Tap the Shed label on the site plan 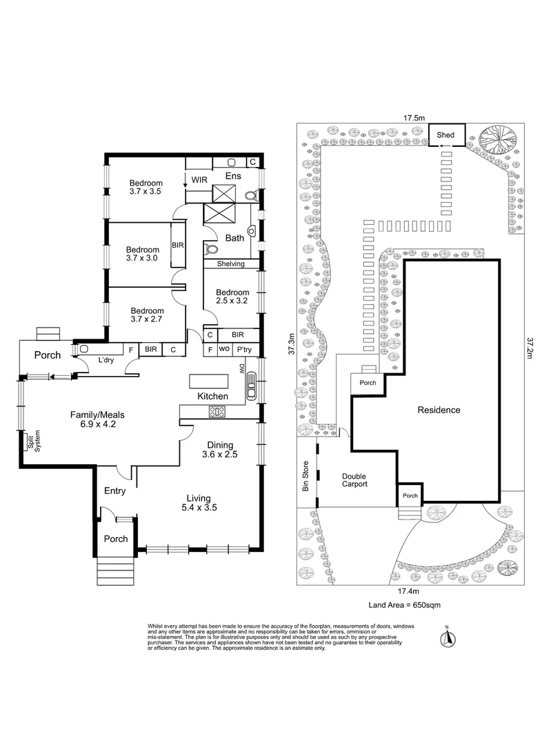pos(445,135)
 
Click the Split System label pos(30,441)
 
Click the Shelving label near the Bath pos(231,264)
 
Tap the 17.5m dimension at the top pos(414,118)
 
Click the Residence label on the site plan pos(439,410)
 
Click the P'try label pos(243,350)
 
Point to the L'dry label pos(106,361)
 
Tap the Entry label pos(114,490)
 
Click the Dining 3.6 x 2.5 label pos(217,450)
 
